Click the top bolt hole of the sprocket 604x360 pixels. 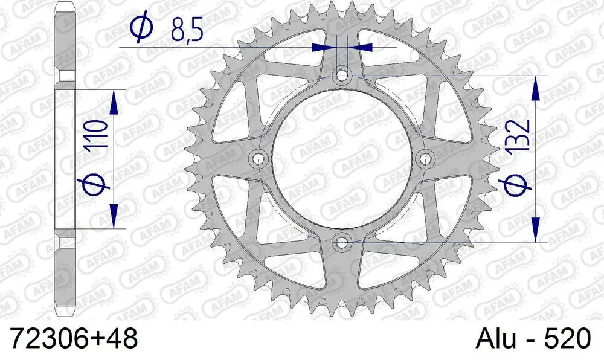343,76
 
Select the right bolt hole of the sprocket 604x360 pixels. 426,159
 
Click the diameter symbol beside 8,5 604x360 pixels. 138,28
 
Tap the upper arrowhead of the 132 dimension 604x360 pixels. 535,88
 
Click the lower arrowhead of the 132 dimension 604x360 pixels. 535,230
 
